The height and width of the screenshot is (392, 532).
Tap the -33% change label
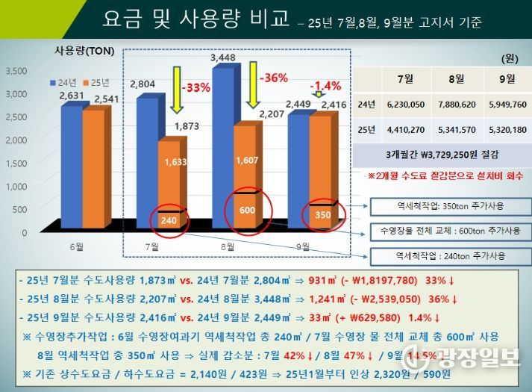pos(196,87)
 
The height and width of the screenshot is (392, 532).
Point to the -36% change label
pos(272,77)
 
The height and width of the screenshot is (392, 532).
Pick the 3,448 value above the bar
pos(224,57)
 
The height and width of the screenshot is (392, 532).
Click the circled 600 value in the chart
pos(248,210)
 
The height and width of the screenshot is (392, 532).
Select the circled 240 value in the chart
pos(169,220)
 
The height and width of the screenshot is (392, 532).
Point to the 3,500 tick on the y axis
pos(16,71)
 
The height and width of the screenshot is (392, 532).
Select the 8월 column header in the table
pos(449,78)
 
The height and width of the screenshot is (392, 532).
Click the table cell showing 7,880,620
pos(449,105)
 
